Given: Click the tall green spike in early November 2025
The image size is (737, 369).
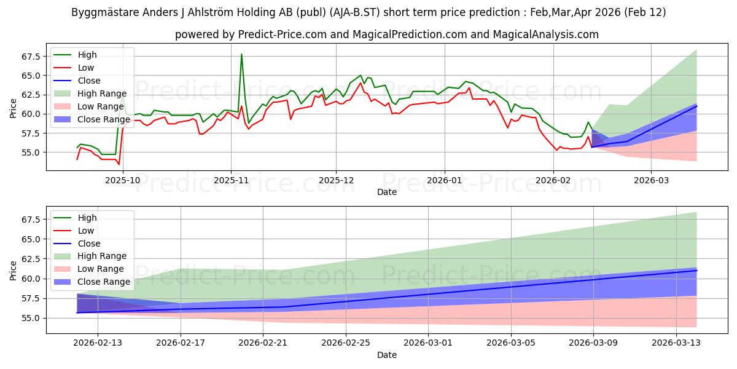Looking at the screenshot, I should tap(241, 55).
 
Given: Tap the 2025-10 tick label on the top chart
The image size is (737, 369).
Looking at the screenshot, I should tap(123, 180).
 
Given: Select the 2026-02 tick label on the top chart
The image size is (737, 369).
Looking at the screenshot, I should tap(553, 180).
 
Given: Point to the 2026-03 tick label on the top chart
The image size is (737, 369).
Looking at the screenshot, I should tap(651, 180).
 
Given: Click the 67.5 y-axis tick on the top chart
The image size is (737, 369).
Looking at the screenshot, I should tap(30, 57).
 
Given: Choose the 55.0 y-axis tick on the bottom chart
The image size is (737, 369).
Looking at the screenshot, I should tap(30, 318).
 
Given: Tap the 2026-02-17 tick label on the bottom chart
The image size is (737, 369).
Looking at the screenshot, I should tap(181, 343).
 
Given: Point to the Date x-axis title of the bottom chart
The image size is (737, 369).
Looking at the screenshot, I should tap(387, 355).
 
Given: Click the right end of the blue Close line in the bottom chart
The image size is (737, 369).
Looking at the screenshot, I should tap(696, 271).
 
